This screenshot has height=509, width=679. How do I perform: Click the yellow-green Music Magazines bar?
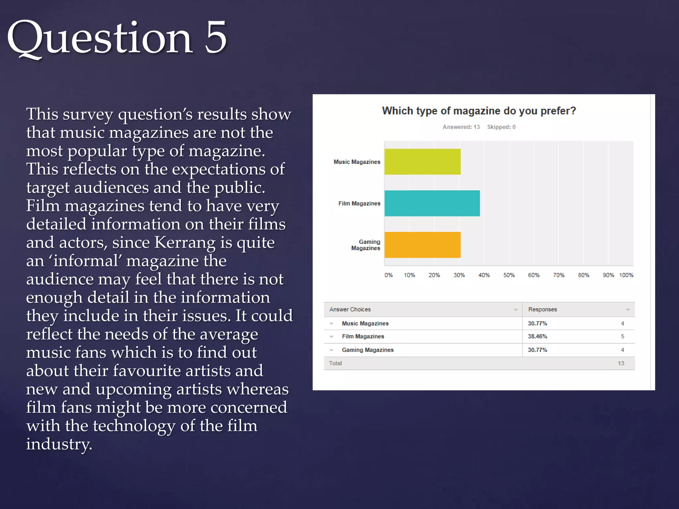[x=422, y=162]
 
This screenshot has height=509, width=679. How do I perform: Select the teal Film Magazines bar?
[x=432, y=203]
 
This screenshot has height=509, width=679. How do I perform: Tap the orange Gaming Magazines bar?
[x=422, y=245]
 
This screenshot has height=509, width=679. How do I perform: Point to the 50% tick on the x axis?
[x=509, y=275]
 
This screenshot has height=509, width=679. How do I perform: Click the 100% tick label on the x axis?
[x=626, y=275]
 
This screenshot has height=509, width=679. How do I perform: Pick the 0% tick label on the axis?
[x=389, y=275]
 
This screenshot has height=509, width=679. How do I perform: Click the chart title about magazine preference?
[x=479, y=111]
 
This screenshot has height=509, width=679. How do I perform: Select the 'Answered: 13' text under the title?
[x=461, y=127]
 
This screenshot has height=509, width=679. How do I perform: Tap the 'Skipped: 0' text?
[x=501, y=127]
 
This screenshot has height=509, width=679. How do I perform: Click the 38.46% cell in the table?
[x=537, y=336]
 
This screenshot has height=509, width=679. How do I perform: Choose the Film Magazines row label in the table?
[x=363, y=336]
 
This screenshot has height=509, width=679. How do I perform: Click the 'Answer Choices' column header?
[x=350, y=310]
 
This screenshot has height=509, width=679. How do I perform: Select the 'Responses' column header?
[x=542, y=310]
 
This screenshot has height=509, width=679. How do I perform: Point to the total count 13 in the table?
[x=621, y=364]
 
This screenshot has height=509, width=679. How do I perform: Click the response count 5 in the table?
[x=622, y=336]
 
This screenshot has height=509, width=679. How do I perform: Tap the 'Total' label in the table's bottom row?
[x=335, y=364]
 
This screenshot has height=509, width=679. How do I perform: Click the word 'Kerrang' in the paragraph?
[x=185, y=243]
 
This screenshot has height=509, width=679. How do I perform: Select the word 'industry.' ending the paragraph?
[x=59, y=444]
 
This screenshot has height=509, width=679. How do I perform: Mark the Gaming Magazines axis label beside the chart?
[x=366, y=245]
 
